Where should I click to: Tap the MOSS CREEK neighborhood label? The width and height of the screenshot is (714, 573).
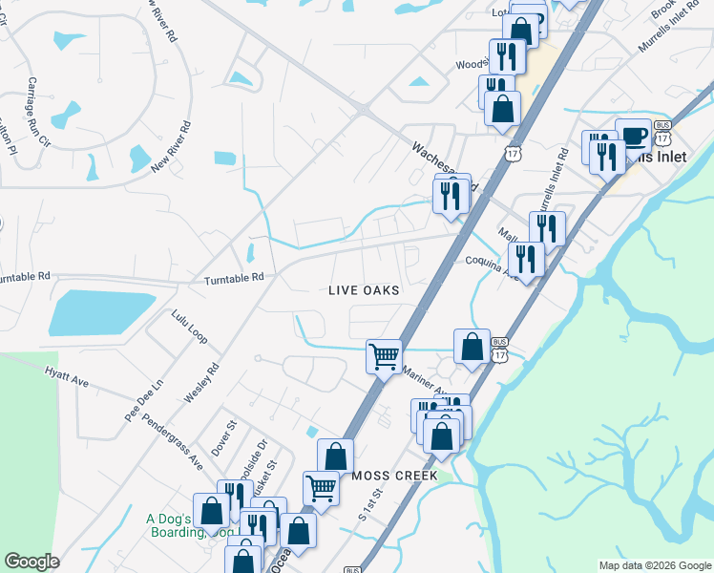[x=394, y=476]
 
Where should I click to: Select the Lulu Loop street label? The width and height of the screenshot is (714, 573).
[x=189, y=327]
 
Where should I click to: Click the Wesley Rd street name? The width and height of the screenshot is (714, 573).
[x=202, y=382]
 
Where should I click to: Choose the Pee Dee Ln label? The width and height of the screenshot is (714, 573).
[x=145, y=400]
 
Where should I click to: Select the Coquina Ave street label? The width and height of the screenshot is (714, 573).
[x=489, y=263]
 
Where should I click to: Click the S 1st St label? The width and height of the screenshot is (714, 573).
[x=370, y=504]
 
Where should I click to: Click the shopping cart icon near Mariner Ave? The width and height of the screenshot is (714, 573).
[x=384, y=357]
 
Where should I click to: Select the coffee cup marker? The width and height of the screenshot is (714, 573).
[x=633, y=135]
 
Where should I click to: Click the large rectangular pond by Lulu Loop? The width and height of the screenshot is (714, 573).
[x=100, y=313]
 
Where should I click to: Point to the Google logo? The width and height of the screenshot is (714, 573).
[x=31, y=562]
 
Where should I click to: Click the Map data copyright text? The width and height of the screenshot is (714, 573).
[x=654, y=565]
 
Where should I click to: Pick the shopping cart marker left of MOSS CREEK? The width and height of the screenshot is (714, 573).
[x=322, y=488]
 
